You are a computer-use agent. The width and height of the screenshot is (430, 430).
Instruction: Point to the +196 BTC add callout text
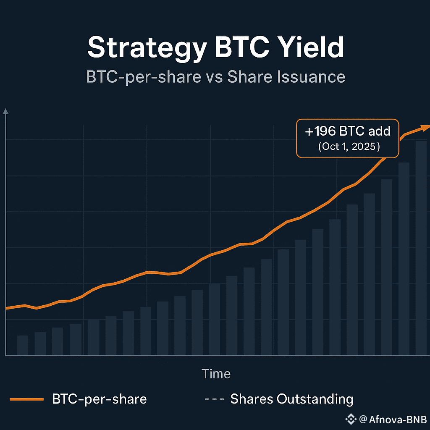point(348,131)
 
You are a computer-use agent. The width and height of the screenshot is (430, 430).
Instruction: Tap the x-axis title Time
point(216,374)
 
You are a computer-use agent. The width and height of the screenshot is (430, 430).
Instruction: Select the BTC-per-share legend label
point(100,399)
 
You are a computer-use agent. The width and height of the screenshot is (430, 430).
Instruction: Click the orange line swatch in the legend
point(26,399)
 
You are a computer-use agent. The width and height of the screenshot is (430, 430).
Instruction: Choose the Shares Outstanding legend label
point(291,399)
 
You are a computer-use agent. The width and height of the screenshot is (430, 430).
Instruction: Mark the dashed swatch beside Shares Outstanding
point(213,399)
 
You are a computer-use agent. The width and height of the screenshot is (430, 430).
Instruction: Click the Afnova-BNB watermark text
point(393,419)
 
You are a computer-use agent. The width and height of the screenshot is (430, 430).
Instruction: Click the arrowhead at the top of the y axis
point(5,111)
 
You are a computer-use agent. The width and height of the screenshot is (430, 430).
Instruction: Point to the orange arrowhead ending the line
point(426,127)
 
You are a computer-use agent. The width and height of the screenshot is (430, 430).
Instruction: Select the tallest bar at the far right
point(421,248)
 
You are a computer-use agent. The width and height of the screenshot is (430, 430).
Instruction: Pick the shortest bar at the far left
point(22,345)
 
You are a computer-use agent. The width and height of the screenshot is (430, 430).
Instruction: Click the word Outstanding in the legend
point(315,399)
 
